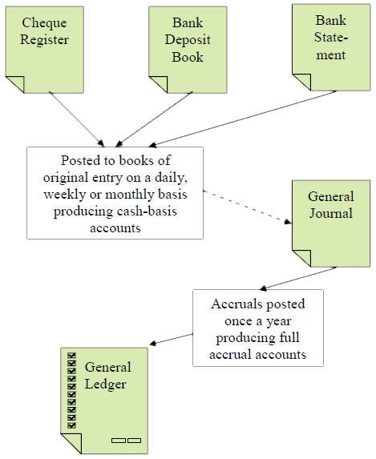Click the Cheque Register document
(45, 50)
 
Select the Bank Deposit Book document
(188, 50)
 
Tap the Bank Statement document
(331, 47)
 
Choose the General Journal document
(331, 223)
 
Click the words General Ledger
(108, 376)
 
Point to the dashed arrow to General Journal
(248, 207)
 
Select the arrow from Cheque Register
(77, 119)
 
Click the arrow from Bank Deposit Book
(154, 119)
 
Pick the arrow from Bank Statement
(242, 119)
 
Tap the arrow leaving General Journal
(297, 279)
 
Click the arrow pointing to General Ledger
(171, 340)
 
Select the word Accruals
(230, 304)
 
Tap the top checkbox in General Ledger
(72, 356)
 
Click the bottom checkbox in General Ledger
(72, 425)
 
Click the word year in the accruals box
(278, 322)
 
